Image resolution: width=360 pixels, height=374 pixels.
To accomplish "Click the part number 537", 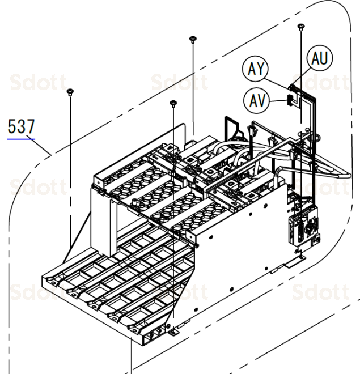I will [20, 126].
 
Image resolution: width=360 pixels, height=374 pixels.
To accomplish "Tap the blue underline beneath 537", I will [20, 137].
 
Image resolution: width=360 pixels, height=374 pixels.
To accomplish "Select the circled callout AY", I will [253, 70].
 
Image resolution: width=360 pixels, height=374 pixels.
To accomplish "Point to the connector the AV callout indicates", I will [291, 100].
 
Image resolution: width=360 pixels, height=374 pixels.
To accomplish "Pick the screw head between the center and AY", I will [193, 39].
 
